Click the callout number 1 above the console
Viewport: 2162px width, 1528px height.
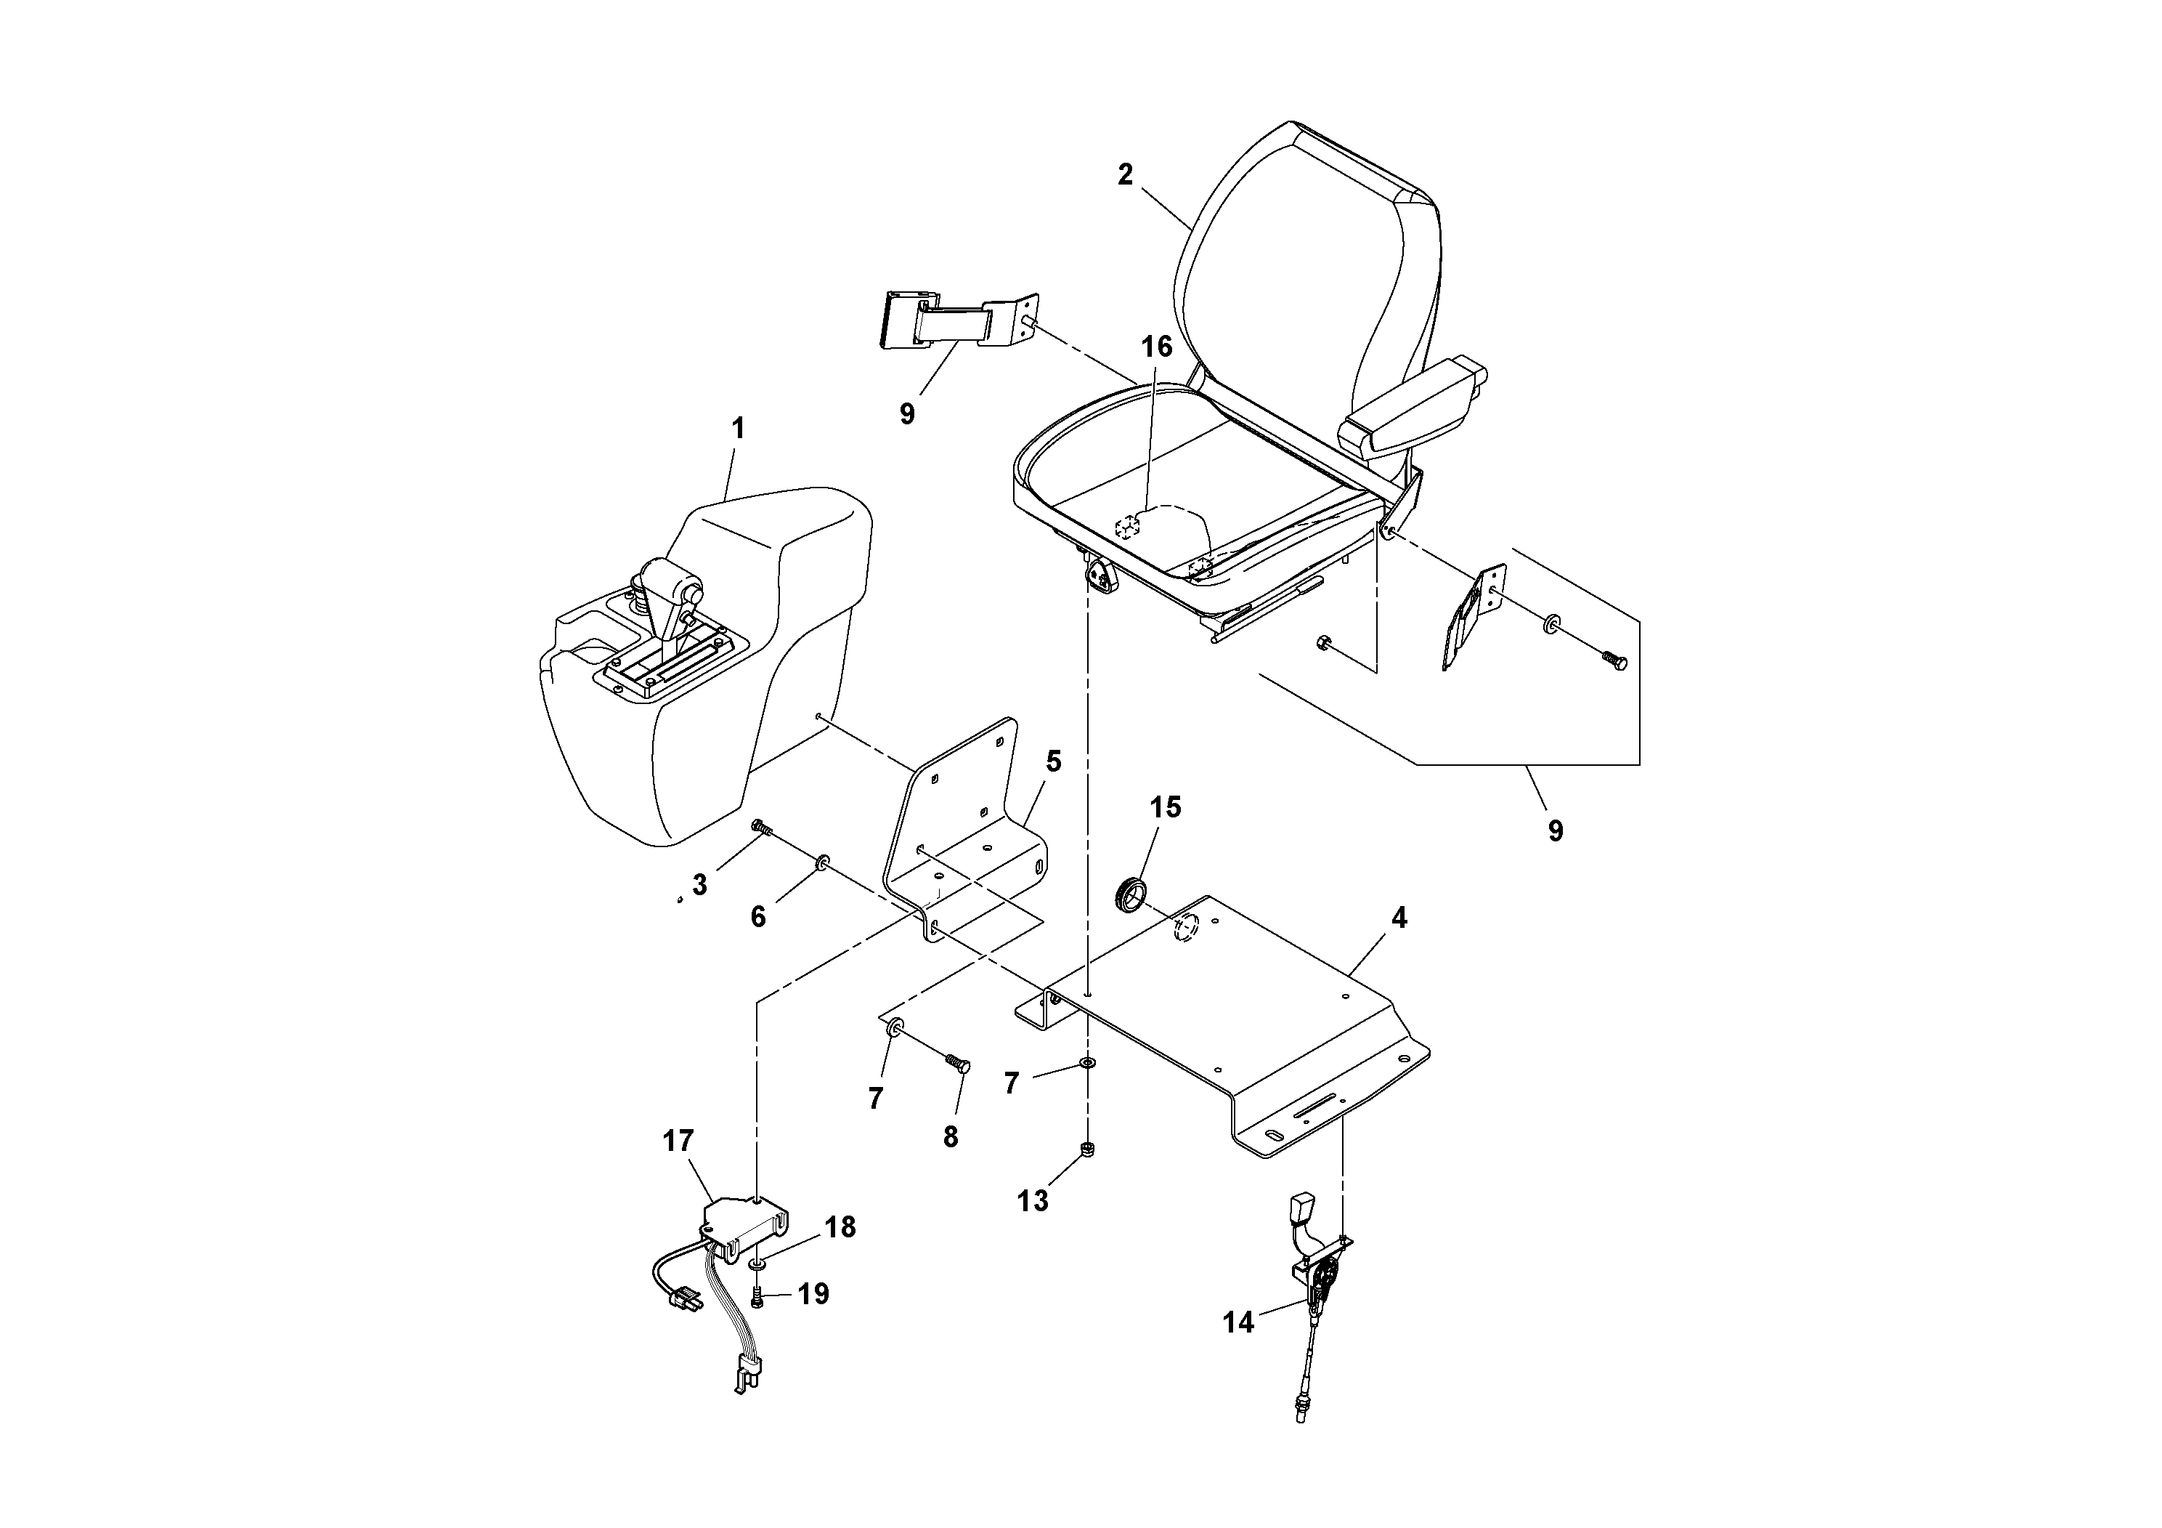(x=739, y=429)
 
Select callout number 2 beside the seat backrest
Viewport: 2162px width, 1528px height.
(x=1125, y=174)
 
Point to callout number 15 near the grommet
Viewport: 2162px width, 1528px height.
(x=1165, y=807)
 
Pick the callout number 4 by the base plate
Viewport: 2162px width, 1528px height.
(x=1399, y=918)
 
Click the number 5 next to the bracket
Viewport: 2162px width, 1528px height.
(x=1054, y=761)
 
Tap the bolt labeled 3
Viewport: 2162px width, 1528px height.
(x=761, y=829)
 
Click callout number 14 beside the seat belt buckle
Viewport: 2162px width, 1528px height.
(x=1238, y=1322)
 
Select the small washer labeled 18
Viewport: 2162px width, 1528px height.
(x=759, y=1259)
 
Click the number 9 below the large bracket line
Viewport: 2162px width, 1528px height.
(x=1556, y=830)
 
